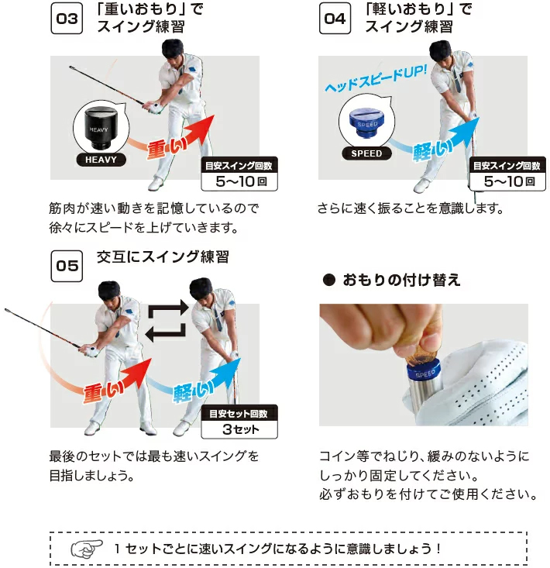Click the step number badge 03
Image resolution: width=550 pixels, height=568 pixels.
point(67,19)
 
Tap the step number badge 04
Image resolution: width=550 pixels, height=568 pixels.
point(335,19)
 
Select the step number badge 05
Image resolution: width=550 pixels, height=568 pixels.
point(67,266)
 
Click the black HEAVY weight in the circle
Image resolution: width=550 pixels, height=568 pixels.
point(98,128)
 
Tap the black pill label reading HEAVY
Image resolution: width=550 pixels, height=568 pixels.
point(98,160)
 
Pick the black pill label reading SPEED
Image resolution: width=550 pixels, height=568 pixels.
point(366,153)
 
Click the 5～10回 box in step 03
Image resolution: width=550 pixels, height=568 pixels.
point(239,183)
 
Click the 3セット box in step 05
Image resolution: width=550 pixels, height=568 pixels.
point(239,429)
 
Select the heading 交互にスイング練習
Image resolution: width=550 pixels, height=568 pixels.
point(163,256)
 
